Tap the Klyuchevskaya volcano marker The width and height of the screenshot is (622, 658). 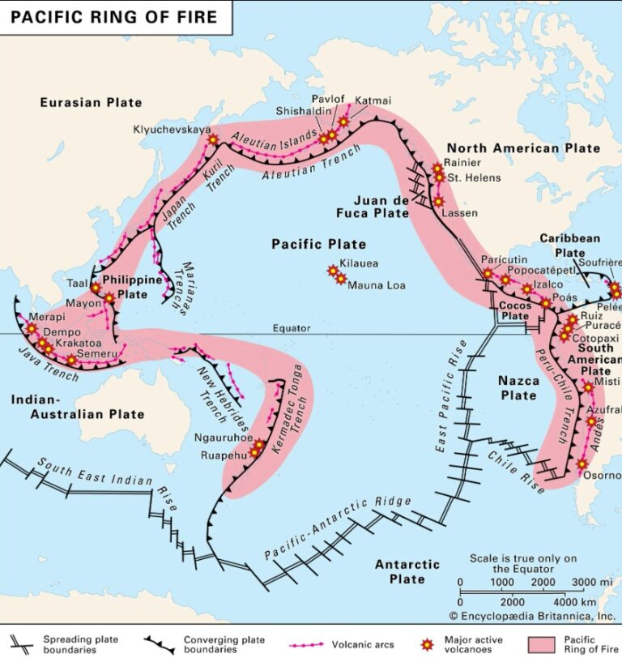point(213,139)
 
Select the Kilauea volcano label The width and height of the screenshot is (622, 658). point(359,263)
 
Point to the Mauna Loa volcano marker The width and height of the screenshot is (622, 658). point(341,279)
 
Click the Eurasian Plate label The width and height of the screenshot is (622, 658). point(92,103)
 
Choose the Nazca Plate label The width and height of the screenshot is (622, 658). point(518,387)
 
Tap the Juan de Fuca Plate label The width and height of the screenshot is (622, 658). point(381,207)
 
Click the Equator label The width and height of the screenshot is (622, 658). point(292,328)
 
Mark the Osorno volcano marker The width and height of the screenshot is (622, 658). point(582,464)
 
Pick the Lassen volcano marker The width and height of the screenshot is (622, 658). point(438,202)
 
